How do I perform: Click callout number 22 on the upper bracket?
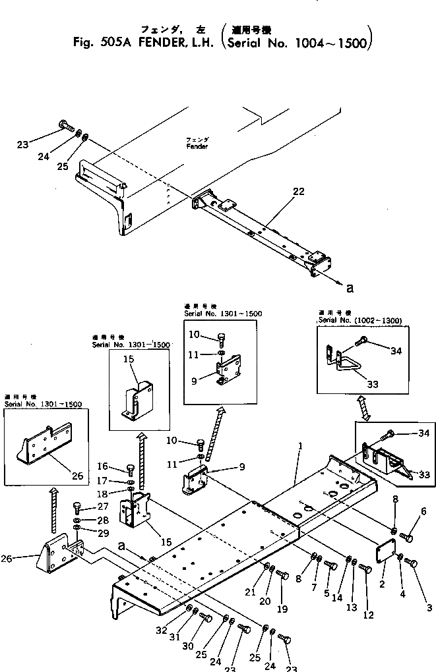pos(299,192)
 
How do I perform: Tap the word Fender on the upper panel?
pos(197,146)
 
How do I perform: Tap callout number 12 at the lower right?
pos(368,615)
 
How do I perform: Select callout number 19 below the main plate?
pos(282,609)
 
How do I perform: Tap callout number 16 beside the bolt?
pos(103,466)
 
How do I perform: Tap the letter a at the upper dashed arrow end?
pos(350,288)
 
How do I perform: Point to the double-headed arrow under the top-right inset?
pos(364,406)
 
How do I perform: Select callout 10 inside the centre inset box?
pos(194,335)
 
